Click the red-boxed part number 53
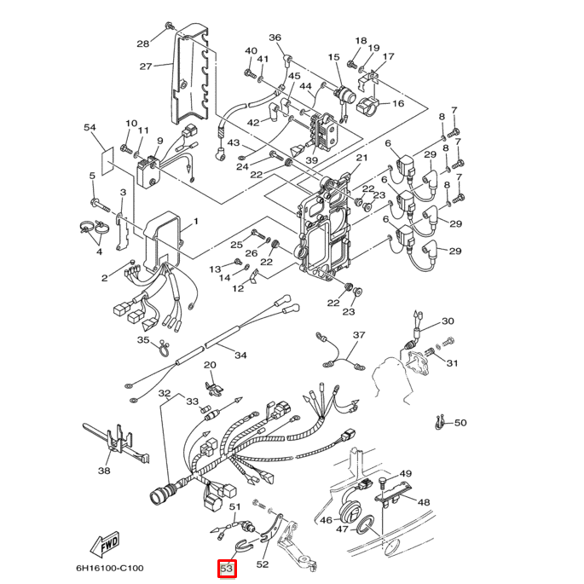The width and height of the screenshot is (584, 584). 227,568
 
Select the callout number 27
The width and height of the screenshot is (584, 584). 146,66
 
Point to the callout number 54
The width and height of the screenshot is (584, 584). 90,127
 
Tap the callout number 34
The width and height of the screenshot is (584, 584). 240,355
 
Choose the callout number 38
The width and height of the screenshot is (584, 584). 104,470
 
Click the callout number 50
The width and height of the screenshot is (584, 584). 460,423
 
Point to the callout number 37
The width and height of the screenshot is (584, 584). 359,335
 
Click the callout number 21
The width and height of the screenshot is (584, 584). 361,158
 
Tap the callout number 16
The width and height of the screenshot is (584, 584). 397,104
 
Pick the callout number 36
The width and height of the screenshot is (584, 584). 275,38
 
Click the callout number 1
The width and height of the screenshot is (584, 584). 194,222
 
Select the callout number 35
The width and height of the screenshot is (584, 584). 143,340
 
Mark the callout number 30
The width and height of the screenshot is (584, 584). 448,321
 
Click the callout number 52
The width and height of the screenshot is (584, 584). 263,564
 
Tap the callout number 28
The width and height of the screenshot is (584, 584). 142,43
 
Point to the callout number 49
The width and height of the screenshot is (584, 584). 406,474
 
